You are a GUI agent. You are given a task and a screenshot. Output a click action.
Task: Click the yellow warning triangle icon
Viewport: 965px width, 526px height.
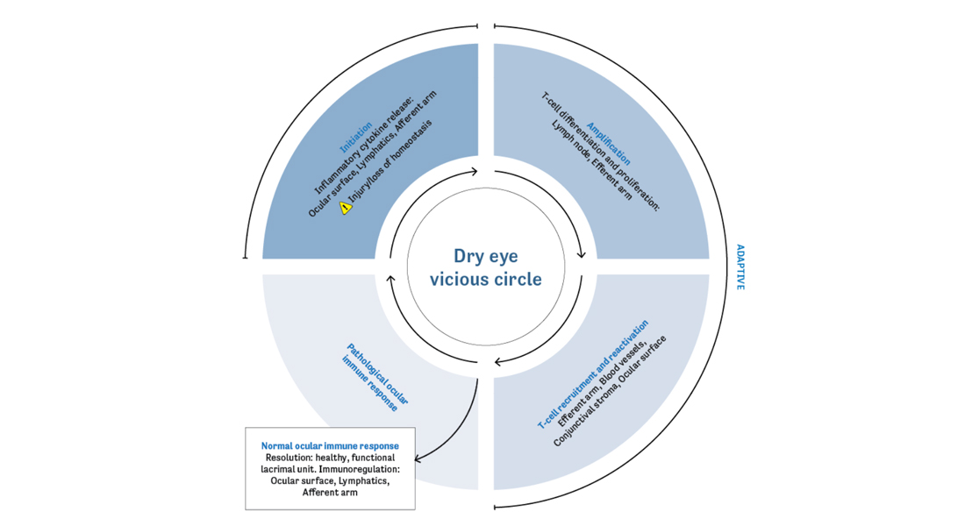[x=346, y=208]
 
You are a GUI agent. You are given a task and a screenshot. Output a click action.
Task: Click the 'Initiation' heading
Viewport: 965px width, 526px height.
[x=356, y=137]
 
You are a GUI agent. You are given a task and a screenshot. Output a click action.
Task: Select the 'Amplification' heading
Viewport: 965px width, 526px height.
[x=609, y=144]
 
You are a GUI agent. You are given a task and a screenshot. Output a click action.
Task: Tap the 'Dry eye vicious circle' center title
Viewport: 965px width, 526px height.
[x=486, y=267]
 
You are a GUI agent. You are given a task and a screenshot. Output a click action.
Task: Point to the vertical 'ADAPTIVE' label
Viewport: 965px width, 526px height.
[x=740, y=267]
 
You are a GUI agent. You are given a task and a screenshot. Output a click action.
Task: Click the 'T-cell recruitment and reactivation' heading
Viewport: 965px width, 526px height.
[x=593, y=374]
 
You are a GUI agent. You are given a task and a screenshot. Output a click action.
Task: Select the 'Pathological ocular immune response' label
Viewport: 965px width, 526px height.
[x=375, y=378]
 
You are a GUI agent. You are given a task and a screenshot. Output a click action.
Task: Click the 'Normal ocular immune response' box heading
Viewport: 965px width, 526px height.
[x=330, y=446]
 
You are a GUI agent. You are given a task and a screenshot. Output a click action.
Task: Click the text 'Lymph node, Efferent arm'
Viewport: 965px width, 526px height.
[x=591, y=160]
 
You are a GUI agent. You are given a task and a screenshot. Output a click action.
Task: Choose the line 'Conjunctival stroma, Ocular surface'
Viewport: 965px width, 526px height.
[x=610, y=391]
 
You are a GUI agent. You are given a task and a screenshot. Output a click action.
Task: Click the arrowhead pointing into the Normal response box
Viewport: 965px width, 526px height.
[x=418, y=458]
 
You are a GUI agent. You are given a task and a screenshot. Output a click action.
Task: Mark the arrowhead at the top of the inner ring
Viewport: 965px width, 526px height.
[x=474, y=172]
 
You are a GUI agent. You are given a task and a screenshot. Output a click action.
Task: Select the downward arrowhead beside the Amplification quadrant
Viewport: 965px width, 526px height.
[x=582, y=254]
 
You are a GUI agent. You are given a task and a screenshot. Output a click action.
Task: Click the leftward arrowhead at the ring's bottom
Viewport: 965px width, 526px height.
[x=498, y=362]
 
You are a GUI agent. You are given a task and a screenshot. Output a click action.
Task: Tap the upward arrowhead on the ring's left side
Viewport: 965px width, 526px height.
[x=390, y=280]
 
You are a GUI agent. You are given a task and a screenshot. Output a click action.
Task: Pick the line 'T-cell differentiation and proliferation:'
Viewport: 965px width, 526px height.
[x=600, y=152]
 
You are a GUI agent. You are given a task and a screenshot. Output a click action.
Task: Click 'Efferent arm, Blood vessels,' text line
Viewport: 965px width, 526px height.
[x=602, y=382]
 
